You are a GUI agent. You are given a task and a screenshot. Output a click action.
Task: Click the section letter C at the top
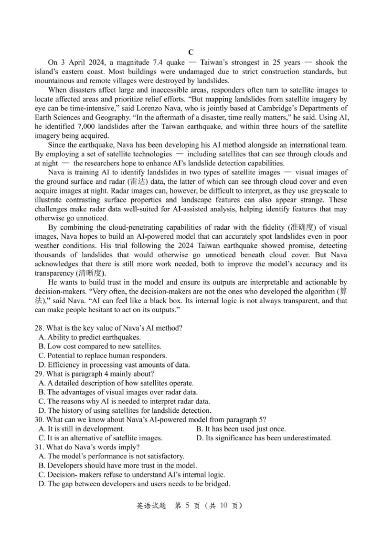click(x=191, y=52)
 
